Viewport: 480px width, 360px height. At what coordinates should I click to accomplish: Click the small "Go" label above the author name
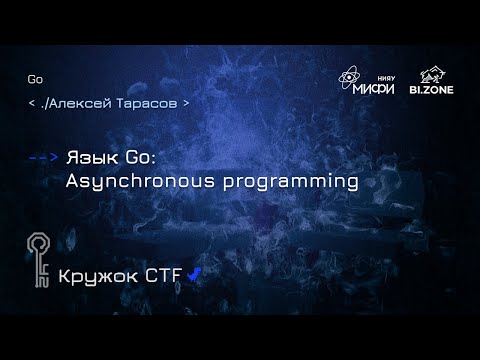point(35,80)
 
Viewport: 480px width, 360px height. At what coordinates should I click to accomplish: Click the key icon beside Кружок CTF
point(39,262)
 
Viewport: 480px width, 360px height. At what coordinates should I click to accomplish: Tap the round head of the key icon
point(39,243)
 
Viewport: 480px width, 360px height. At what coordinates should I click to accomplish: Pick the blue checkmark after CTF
point(194,271)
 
